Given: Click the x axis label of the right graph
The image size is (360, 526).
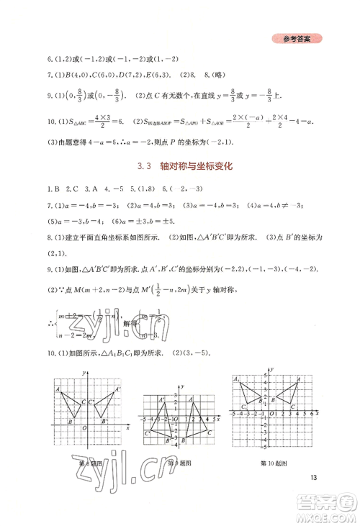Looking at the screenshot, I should click(321, 414).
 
